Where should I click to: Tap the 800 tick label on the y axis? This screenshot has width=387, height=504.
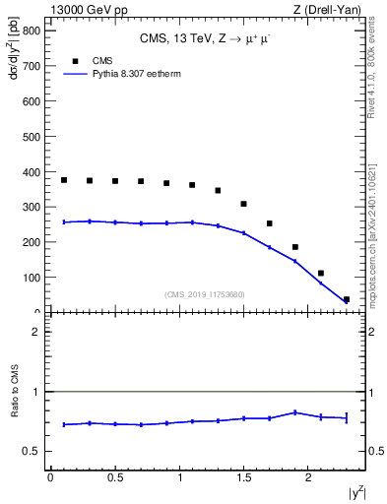30,30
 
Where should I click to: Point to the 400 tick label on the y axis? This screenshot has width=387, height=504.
30,171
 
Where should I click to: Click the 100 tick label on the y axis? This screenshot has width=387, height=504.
30,278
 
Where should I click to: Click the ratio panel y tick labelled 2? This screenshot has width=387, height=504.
34,332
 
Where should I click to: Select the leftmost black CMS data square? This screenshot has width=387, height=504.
64,180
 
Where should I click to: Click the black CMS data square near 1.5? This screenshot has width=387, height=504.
243,204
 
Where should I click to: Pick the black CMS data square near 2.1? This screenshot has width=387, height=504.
321,273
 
